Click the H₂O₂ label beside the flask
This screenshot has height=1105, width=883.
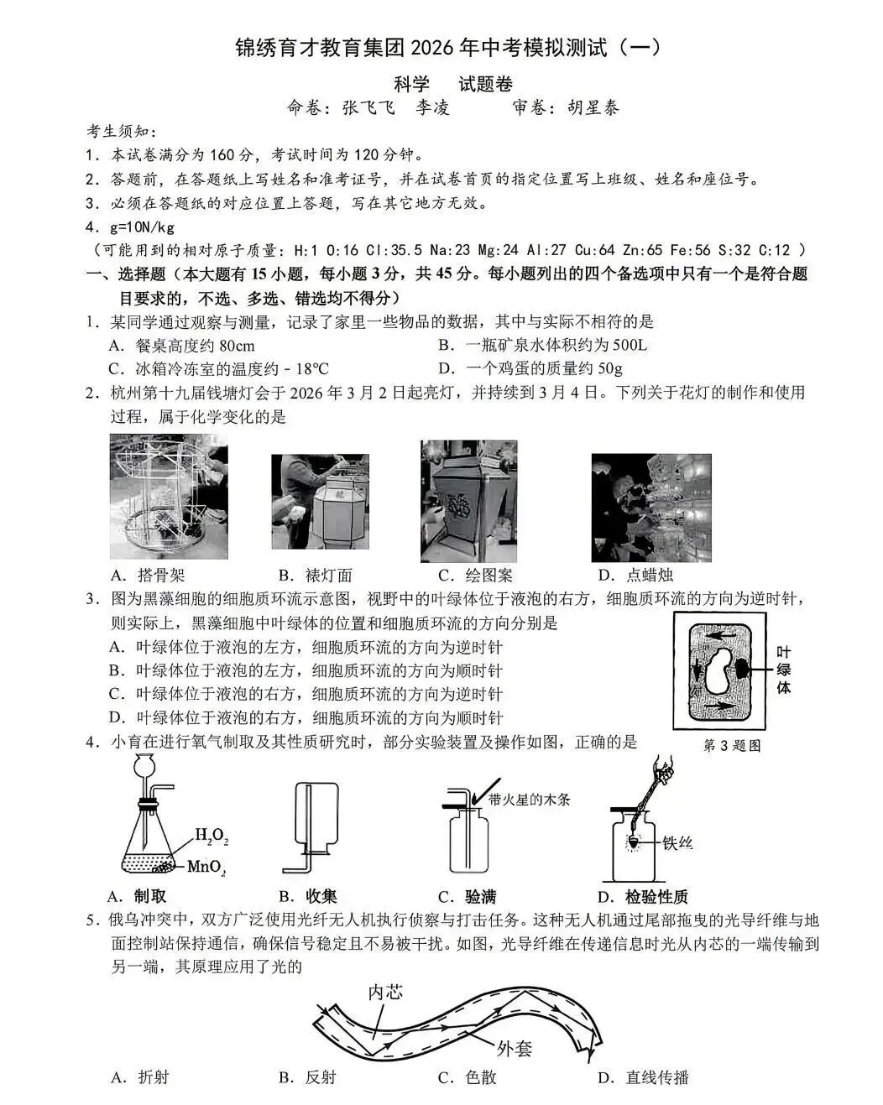coord(211,835)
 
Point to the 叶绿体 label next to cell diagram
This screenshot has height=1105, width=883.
coord(783,670)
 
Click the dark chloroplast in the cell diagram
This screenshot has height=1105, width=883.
coord(744,669)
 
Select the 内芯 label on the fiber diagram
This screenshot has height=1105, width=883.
coord(385,992)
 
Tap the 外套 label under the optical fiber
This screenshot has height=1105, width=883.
coord(514,1048)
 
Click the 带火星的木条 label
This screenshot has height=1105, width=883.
coord(530,799)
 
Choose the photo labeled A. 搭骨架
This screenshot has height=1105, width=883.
coord(169,496)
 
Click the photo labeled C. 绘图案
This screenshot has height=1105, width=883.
coord(468,501)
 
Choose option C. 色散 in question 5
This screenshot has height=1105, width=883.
coord(467,1077)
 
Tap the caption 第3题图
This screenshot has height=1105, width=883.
coord(732,745)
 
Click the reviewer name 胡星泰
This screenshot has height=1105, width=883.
coord(593,107)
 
